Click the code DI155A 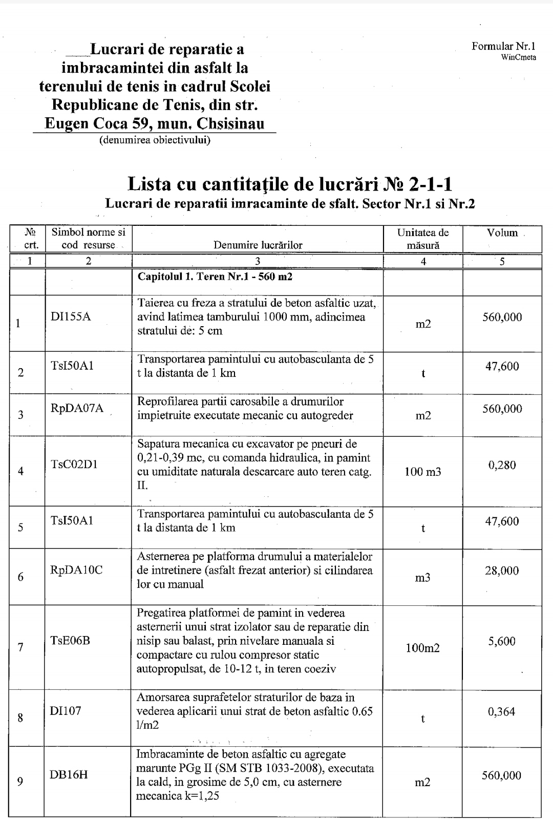pos(71,317)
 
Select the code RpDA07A pos(77,408)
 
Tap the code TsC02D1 pos(74,465)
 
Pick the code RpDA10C pos(76,570)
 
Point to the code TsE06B pos(71,640)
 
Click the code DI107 pos(66,711)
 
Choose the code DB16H pos(69,774)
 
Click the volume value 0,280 pos(502,465)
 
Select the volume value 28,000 pos(502,571)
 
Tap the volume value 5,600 pos(502,641)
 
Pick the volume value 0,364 pos(502,711)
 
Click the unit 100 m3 pos(422,472)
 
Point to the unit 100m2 pos(422,648)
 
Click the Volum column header pos(502,233)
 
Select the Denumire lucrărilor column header pos(258,245)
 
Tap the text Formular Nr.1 pos(504,47)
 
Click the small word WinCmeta pos(519,57)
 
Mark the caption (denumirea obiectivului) pos(155,139)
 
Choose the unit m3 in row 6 pos(422,578)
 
